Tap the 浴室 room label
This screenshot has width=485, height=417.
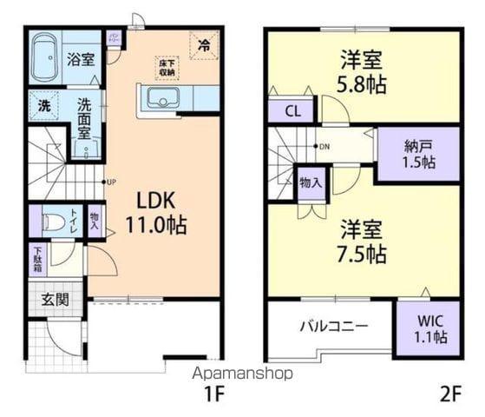click(82, 59)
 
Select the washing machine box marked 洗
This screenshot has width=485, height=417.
click(43, 107)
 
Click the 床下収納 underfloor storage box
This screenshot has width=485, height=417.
click(167, 66)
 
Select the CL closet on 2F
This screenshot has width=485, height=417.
click(292, 111)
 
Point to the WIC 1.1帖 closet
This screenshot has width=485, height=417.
click(428, 328)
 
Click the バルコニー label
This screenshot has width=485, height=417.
click(333, 327)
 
